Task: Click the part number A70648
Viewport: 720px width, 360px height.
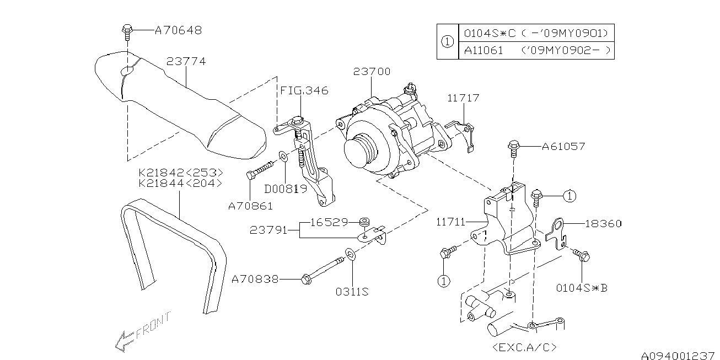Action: [179, 30]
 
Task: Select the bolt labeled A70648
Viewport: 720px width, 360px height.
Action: [127, 31]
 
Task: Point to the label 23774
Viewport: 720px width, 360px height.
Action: [186, 61]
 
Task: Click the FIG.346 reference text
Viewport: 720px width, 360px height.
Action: [304, 90]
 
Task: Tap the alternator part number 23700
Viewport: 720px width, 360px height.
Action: [372, 71]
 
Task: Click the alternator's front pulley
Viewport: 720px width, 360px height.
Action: [360, 151]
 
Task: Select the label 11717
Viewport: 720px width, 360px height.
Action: [463, 98]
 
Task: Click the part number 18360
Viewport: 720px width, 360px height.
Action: [603, 223]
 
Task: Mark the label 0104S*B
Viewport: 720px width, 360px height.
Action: [582, 288]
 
